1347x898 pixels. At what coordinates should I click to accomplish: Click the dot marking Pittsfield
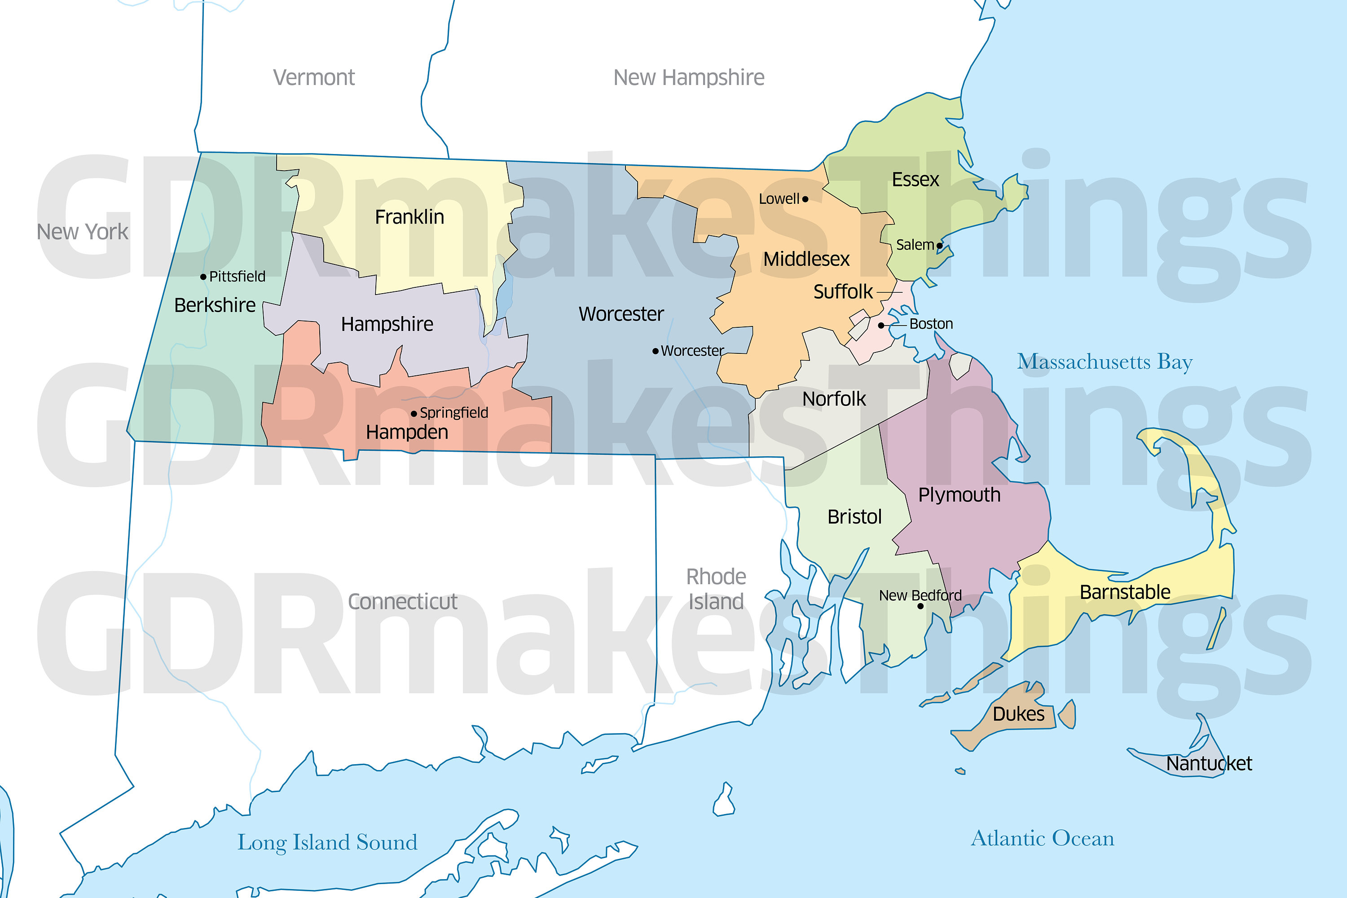(203, 277)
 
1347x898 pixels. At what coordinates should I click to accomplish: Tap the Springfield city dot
(414, 414)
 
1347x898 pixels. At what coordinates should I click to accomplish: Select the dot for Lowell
(805, 199)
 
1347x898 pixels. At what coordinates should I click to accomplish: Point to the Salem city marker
(939, 246)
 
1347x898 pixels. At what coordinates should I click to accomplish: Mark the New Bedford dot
(920, 606)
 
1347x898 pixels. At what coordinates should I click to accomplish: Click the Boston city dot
(881, 325)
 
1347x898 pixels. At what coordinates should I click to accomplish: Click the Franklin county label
(409, 217)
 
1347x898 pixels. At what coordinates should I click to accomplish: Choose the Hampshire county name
(387, 324)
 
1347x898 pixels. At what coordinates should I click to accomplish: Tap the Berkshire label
(215, 305)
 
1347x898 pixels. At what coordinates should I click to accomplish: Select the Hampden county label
(407, 432)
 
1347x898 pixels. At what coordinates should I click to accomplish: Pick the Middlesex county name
(806, 260)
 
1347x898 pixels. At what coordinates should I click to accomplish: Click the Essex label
(915, 180)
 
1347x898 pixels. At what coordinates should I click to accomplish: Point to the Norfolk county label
(834, 399)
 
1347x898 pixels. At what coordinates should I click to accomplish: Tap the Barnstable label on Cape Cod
(1125, 592)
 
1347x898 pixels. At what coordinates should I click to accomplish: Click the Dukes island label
(1018, 714)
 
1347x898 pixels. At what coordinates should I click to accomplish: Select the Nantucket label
(1209, 763)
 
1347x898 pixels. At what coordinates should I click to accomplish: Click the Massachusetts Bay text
(1105, 362)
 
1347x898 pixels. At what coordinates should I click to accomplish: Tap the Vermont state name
(314, 77)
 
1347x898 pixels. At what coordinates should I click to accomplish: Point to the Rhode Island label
(716, 589)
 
